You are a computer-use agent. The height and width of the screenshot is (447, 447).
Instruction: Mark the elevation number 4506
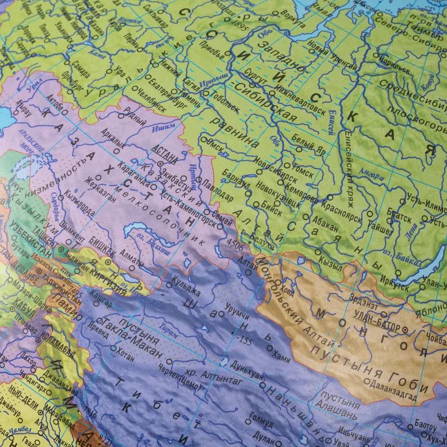[235, 244]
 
